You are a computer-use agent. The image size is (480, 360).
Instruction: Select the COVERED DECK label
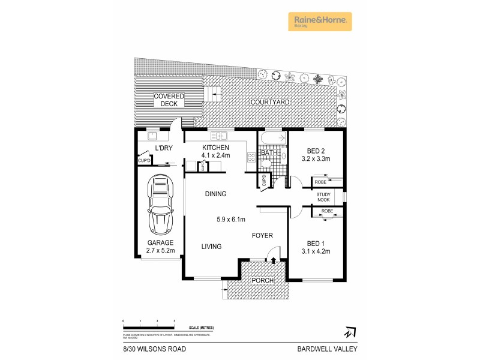[x=169, y=100]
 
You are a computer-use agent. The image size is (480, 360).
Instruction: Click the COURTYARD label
[x=270, y=103]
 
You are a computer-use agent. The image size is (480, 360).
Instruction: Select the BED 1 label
[x=316, y=247]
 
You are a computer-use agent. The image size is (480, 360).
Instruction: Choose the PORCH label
[x=262, y=281]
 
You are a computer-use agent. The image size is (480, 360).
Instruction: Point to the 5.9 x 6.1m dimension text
[x=231, y=220]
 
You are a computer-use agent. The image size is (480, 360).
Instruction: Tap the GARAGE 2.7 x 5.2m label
[x=161, y=247]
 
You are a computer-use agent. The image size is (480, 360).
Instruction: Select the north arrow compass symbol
[x=349, y=331]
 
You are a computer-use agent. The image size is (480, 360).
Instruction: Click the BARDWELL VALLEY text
[x=323, y=349]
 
